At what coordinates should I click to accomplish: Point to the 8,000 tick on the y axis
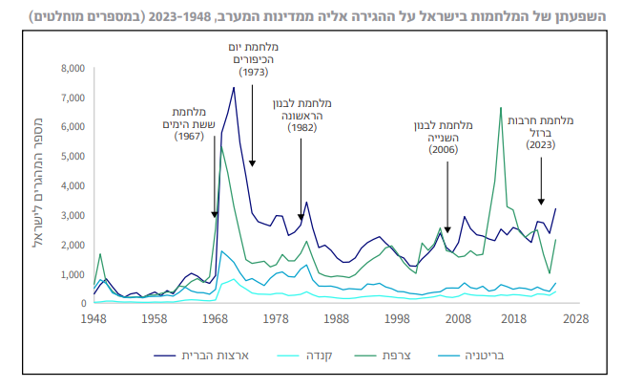(72, 69)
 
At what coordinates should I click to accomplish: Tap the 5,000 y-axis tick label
(72, 157)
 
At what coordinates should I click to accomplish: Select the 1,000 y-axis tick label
(72, 274)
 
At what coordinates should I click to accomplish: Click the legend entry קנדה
(307, 356)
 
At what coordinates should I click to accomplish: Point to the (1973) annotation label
(253, 73)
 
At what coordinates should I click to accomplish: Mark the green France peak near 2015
(501, 108)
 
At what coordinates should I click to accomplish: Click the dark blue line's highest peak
(234, 88)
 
